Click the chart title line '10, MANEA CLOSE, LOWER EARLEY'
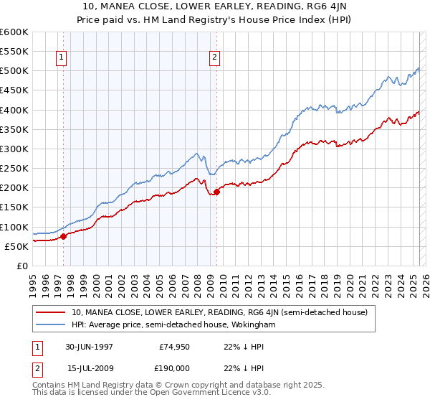[x=215, y=8]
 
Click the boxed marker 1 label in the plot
[x=61, y=59]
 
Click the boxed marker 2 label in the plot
[x=214, y=59]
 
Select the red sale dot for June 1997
[x=63, y=236]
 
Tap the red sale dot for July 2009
[x=216, y=192]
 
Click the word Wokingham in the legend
[x=252, y=324]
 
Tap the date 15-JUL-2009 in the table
[x=95, y=368]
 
